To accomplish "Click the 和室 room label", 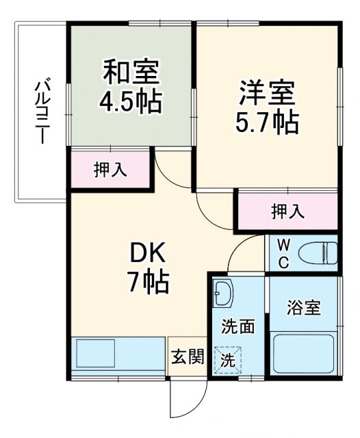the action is pyautogui.click(x=131, y=73).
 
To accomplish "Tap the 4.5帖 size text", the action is pyautogui.click(x=131, y=101).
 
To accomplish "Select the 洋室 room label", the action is pyautogui.click(x=267, y=93).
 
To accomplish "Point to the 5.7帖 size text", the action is pyautogui.click(x=268, y=123).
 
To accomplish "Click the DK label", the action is pyautogui.click(x=147, y=253).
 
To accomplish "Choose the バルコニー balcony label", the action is pyautogui.click(x=42, y=112).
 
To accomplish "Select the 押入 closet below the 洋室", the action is pyautogui.click(x=288, y=211).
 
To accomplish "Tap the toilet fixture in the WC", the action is pyautogui.click(x=318, y=253).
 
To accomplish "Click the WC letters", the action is pyautogui.click(x=283, y=254).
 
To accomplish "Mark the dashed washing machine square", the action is pyautogui.click(x=228, y=360).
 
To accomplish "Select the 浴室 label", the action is pyautogui.click(x=304, y=307).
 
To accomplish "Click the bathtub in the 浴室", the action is pyautogui.click(x=304, y=354).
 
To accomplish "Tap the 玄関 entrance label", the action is pyautogui.click(x=188, y=357).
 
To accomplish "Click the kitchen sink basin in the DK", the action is pyautogui.click(x=96, y=353).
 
